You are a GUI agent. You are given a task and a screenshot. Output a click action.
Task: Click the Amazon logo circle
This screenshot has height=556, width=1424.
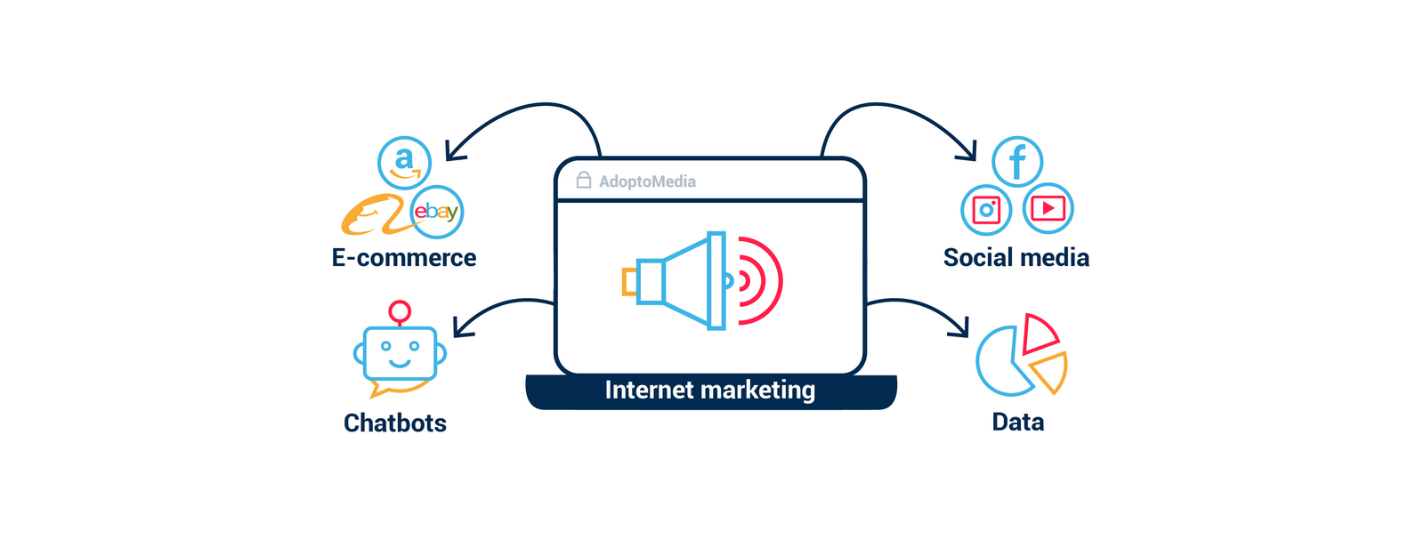coord(405,163)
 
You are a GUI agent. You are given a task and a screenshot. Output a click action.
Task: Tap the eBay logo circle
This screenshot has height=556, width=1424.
coord(436,212)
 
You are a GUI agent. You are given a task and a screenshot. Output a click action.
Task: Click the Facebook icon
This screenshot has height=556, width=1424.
coord(1017,162)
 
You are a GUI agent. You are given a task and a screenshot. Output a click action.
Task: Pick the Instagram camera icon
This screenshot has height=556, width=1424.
coord(986,210)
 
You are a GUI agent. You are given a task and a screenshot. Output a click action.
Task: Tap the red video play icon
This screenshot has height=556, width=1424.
coord(1048,208)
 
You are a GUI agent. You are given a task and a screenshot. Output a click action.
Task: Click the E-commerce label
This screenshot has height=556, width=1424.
coord(404,258)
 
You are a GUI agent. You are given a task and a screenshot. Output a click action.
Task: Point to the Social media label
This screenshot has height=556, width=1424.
coord(1016,258)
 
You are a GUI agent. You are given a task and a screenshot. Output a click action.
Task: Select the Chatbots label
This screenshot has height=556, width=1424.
coord(395,423)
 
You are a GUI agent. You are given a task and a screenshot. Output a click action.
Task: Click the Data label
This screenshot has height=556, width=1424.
coord(1018,422)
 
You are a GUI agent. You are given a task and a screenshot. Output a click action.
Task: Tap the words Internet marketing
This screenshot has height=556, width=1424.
coord(710,390)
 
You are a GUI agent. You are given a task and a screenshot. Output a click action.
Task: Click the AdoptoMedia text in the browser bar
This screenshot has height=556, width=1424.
coord(647,181)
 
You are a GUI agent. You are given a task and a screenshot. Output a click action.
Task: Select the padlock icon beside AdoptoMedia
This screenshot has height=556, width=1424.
coord(584,181)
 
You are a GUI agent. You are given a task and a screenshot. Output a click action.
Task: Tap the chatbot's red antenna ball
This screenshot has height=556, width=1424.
coord(400,311)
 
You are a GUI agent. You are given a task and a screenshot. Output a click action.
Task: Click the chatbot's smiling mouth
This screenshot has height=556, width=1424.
coord(400,362)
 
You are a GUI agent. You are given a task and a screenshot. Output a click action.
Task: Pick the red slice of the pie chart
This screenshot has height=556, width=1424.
coord(1039,333)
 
